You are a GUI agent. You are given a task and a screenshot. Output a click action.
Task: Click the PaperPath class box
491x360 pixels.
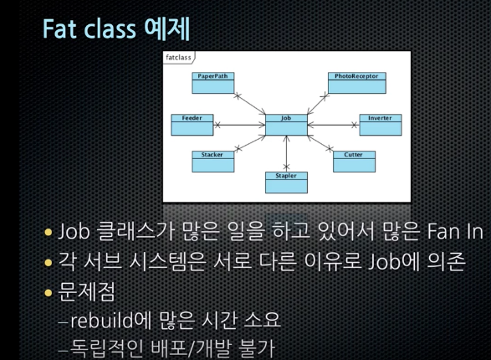click(213, 84)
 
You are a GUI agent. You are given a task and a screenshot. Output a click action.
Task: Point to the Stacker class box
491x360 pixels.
click(212, 161)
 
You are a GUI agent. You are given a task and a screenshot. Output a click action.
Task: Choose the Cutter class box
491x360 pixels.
click(354, 161)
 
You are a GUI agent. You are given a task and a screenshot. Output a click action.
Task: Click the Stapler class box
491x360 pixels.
click(286, 182)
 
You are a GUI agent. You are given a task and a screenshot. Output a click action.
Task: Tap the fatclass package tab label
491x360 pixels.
click(179, 58)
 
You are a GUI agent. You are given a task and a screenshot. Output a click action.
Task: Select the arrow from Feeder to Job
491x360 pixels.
click(238, 125)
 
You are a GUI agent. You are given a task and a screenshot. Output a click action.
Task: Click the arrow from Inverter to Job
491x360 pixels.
click(333, 125)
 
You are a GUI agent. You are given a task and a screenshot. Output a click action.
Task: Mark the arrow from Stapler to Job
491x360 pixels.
click(286, 154)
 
